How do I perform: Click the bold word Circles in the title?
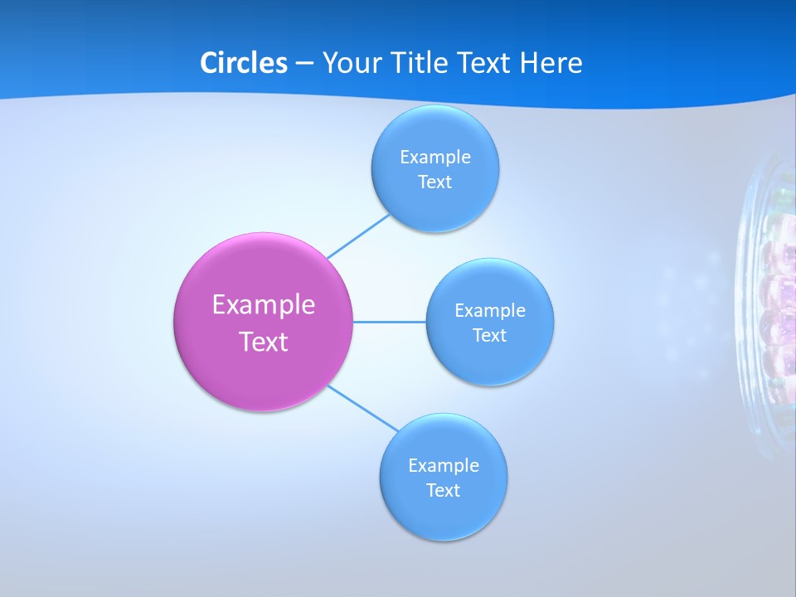click(243, 63)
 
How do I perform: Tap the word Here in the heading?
click(551, 63)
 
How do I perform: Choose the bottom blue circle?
click(443, 518)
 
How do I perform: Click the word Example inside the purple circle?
click(263, 305)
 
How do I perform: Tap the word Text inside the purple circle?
click(263, 342)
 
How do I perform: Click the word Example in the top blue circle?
click(434, 158)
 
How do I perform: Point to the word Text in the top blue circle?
click(434, 182)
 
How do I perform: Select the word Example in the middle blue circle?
click(489, 311)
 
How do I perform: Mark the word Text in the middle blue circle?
click(489, 336)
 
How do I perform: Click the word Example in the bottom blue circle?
click(443, 466)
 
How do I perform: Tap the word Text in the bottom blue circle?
click(443, 491)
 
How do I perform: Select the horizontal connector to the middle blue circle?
click(390, 322)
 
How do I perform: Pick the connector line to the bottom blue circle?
click(363, 408)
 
